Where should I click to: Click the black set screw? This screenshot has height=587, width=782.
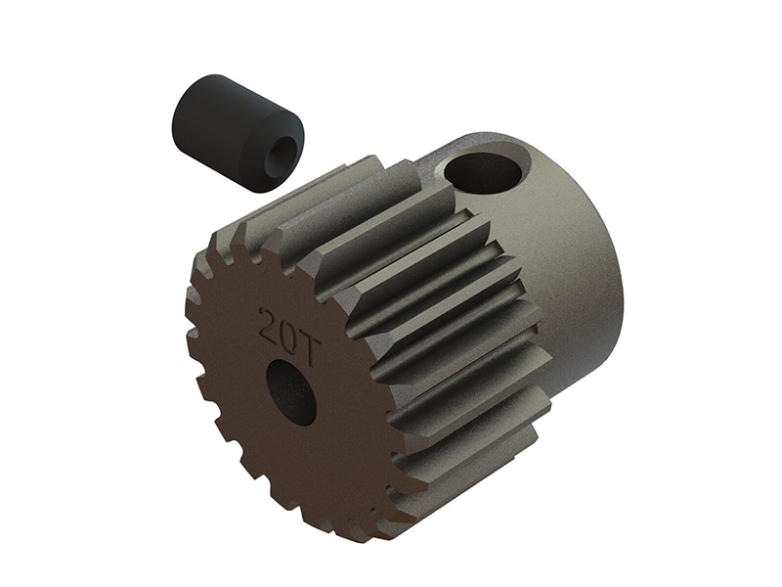coord(203,132)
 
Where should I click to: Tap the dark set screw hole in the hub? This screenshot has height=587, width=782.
coord(483,173)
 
